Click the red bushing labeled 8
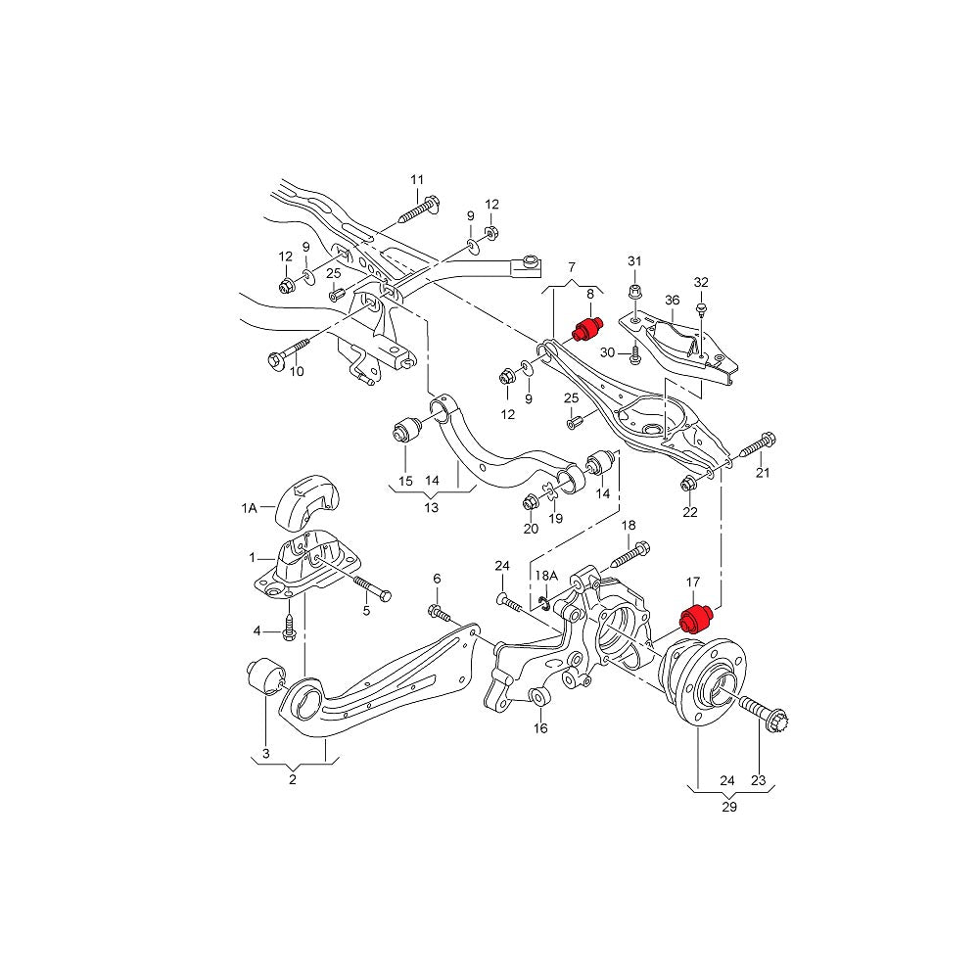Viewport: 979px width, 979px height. [585, 329]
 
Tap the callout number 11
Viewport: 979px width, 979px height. [417, 179]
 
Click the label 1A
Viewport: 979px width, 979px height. [250, 508]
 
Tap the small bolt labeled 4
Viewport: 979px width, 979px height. [290, 628]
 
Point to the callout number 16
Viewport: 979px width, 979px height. [540, 728]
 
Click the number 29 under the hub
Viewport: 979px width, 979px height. [729, 808]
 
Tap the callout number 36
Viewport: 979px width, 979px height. [672, 301]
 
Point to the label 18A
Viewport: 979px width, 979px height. [545, 577]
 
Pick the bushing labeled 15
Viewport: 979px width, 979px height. [405, 430]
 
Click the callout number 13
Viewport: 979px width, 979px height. [431, 507]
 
